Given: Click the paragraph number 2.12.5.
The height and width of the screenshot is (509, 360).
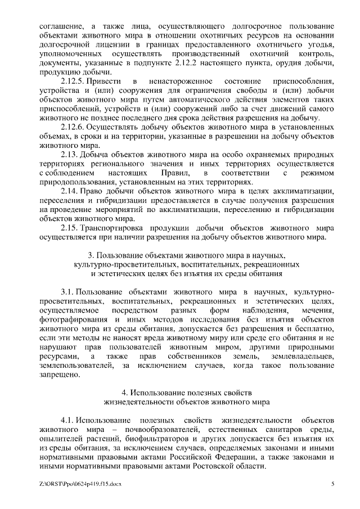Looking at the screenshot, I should pos(73,82).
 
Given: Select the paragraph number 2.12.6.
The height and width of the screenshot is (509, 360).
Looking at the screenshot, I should pos(73,127).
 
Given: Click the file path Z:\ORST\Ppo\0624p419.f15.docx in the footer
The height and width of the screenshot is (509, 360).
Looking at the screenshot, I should pos(80,484).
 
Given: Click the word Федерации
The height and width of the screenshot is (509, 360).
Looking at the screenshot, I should pos(236,457).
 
